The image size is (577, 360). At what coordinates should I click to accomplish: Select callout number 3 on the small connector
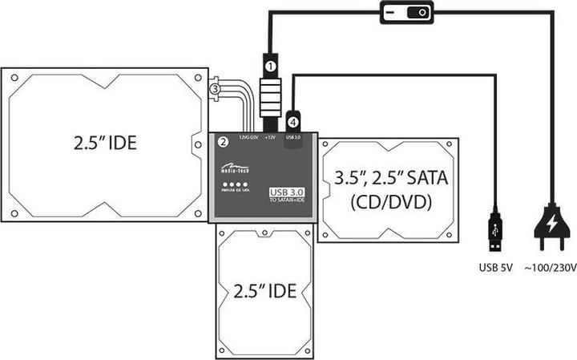coord(214,91)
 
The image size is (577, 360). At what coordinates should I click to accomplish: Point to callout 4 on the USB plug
coord(293,122)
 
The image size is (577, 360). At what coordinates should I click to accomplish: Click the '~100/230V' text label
coord(551,267)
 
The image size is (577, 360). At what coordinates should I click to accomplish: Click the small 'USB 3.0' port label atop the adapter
coord(293,138)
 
